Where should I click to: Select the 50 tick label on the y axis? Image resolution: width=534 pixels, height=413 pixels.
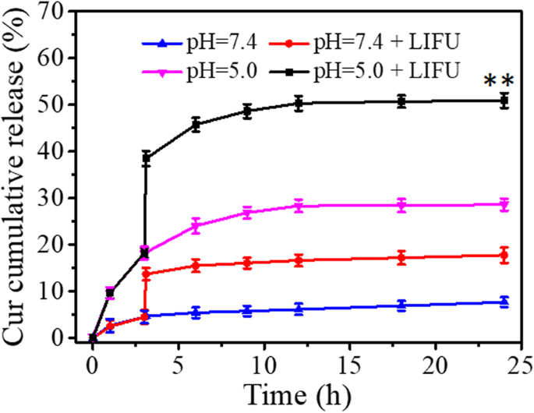point(60,104)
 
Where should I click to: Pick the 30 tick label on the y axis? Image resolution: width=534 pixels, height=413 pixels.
point(60,198)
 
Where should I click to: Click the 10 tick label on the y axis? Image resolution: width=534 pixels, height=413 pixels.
point(60,291)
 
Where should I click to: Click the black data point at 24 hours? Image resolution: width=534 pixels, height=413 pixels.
point(504,101)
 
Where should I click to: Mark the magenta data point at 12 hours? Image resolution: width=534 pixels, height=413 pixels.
point(298,206)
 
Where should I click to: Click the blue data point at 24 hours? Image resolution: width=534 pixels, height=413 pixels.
point(504,302)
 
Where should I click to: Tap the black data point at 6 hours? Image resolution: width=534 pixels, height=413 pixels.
point(196,124)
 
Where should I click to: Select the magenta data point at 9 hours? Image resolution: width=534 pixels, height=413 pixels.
point(247,213)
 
